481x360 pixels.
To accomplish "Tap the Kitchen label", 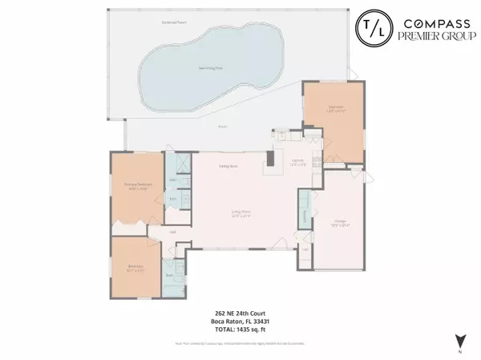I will pos(296,163).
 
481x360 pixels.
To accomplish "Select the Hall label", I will pos(172,231).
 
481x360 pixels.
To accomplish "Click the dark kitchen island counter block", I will pos(270,159).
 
